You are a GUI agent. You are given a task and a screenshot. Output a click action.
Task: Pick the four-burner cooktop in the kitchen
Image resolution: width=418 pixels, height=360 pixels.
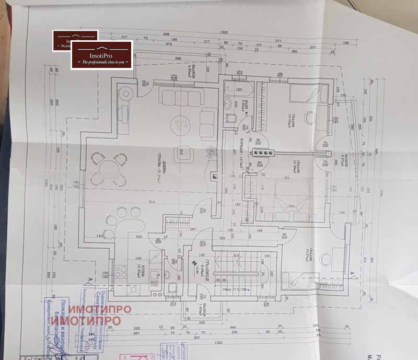121,272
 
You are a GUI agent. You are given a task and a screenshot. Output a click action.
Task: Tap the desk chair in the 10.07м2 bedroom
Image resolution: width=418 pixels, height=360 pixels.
326,259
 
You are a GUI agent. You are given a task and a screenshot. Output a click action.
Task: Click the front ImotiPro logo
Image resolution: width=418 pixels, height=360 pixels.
102,55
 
